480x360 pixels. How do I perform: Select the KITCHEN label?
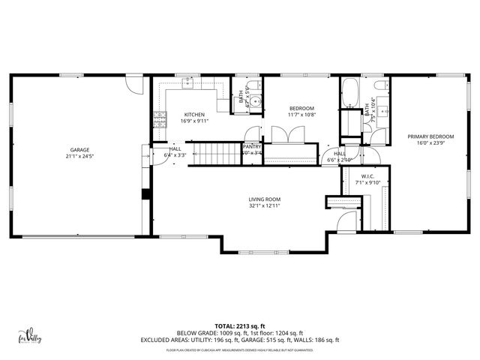193,114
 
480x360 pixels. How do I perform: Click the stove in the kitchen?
159,116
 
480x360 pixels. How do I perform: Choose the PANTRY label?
252,147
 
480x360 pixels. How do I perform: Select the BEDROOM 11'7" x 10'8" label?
301,109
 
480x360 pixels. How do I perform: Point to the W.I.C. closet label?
352,178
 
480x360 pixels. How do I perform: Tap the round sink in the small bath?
256,103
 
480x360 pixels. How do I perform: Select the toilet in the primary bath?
379,136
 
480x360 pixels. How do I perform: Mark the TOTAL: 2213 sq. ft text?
239,325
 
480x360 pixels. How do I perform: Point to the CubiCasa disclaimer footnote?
239,349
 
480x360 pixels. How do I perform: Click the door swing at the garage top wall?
133,82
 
